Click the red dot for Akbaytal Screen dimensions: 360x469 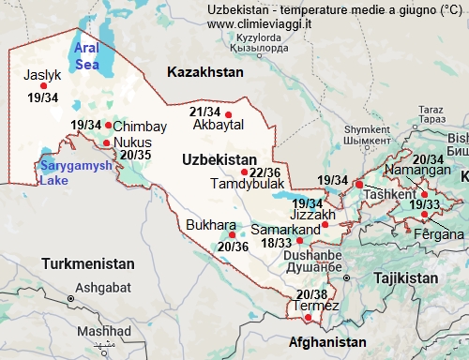228,115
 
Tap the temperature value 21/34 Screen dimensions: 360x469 204,112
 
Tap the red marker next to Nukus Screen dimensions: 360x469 106,143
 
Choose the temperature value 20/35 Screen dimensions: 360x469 136,154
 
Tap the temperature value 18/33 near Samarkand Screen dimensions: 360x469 277,243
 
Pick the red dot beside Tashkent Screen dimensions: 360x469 359,185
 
